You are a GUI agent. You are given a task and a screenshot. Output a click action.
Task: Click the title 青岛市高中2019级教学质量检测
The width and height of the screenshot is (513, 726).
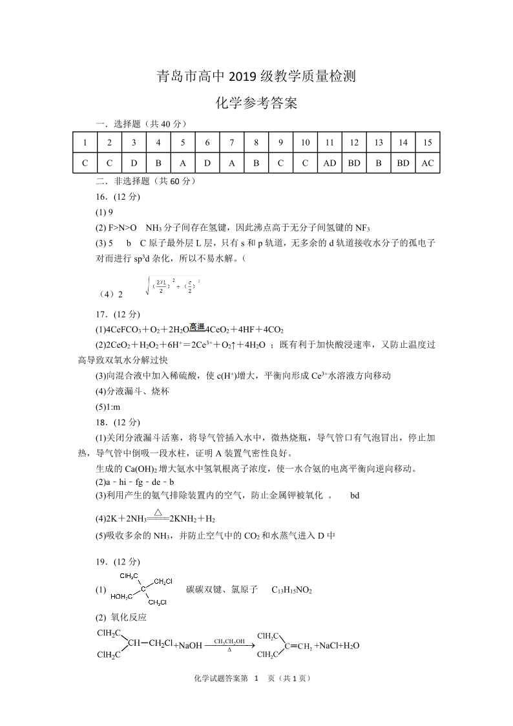coord(256,78)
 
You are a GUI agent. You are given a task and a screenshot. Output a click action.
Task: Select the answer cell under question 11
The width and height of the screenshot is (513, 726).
coord(330,163)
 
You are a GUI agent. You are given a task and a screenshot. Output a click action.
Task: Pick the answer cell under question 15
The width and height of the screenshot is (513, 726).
coord(428,163)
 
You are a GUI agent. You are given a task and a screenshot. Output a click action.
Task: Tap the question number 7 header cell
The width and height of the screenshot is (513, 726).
coord(232,143)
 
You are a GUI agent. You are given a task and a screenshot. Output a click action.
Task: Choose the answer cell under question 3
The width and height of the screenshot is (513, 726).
coord(134,163)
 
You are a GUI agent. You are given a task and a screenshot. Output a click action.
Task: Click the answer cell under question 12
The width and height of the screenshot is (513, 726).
coord(354,163)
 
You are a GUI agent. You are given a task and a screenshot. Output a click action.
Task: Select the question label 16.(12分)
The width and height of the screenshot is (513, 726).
coord(118,197)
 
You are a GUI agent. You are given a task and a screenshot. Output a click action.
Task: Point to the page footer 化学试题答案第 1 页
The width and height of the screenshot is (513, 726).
coord(253,678)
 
